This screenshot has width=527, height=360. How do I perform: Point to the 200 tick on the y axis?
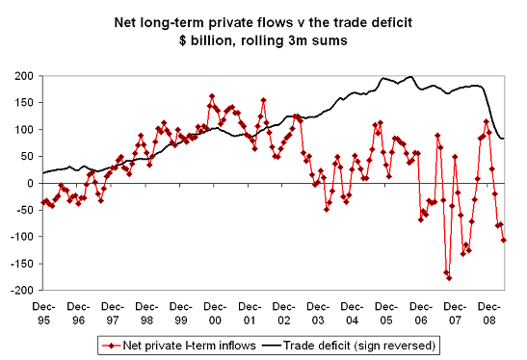[x=21, y=76]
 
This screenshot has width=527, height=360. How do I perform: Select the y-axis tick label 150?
[x=21, y=103]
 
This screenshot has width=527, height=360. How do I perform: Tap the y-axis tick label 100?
[x=21, y=130]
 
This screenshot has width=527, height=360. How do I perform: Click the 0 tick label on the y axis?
[x=28, y=183]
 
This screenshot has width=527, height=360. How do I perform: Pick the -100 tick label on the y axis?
[x=19, y=237]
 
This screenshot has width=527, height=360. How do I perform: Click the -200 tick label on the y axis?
[x=19, y=290]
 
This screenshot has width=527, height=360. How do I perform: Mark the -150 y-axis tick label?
[x=19, y=264]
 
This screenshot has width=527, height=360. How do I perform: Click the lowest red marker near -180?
[x=449, y=278]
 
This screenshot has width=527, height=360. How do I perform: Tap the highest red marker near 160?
[x=211, y=96]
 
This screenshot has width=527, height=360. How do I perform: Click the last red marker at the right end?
[x=504, y=240]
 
